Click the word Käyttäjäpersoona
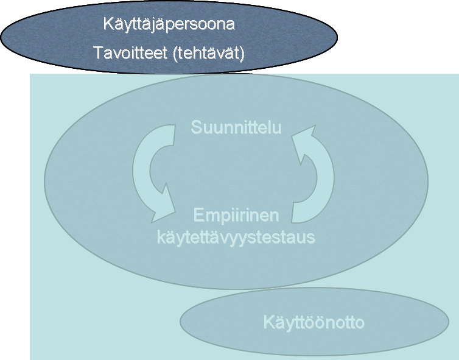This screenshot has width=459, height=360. point(169,24)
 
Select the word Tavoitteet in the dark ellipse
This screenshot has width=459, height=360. point(130,53)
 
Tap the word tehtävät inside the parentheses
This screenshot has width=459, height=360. point(208,53)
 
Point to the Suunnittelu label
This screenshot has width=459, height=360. point(236,127)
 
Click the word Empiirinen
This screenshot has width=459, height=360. point(236,216)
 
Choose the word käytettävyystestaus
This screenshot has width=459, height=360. point(236,237)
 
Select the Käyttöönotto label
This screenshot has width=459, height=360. point(314,322)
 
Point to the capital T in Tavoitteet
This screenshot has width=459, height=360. point(99,53)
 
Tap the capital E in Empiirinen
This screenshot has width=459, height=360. point(198,214)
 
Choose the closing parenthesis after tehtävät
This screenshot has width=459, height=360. point(242,54)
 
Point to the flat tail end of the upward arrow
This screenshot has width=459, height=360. point(293,213)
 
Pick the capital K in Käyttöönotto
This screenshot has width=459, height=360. point(268,322)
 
